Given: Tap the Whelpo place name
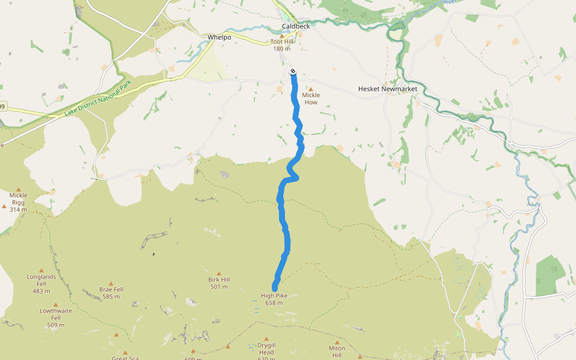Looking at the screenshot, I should pyautogui.click(x=219, y=37).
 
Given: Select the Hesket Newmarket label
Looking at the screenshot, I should pyautogui.click(x=387, y=89).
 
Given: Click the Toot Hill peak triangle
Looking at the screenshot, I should pyautogui.click(x=282, y=36).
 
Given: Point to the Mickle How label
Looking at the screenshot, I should pyautogui.click(x=311, y=98).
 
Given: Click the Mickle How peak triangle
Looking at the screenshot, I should pyautogui.click(x=311, y=89).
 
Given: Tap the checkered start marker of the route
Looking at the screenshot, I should pyautogui.click(x=292, y=71).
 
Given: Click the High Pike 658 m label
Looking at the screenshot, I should pyautogui.click(x=274, y=299).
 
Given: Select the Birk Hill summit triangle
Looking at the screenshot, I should pyautogui.click(x=218, y=273).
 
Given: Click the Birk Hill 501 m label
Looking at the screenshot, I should pyautogui.click(x=219, y=283).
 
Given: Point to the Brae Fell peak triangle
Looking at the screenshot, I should pyautogui.click(x=110, y=283).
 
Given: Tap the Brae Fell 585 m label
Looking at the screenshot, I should pyautogui.click(x=111, y=293).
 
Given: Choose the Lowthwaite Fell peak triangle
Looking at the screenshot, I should pyautogui.click(x=56, y=304).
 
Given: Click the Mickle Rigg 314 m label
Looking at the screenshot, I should pyautogui.click(x=18, y=202).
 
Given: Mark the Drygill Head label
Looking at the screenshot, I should pyautogui.click(x=266, y=349).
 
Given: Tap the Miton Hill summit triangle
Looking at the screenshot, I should pyautogui.click(x=337, y=343).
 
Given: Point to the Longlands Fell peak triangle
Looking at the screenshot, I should pyautogui.click(x=41, y=271).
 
